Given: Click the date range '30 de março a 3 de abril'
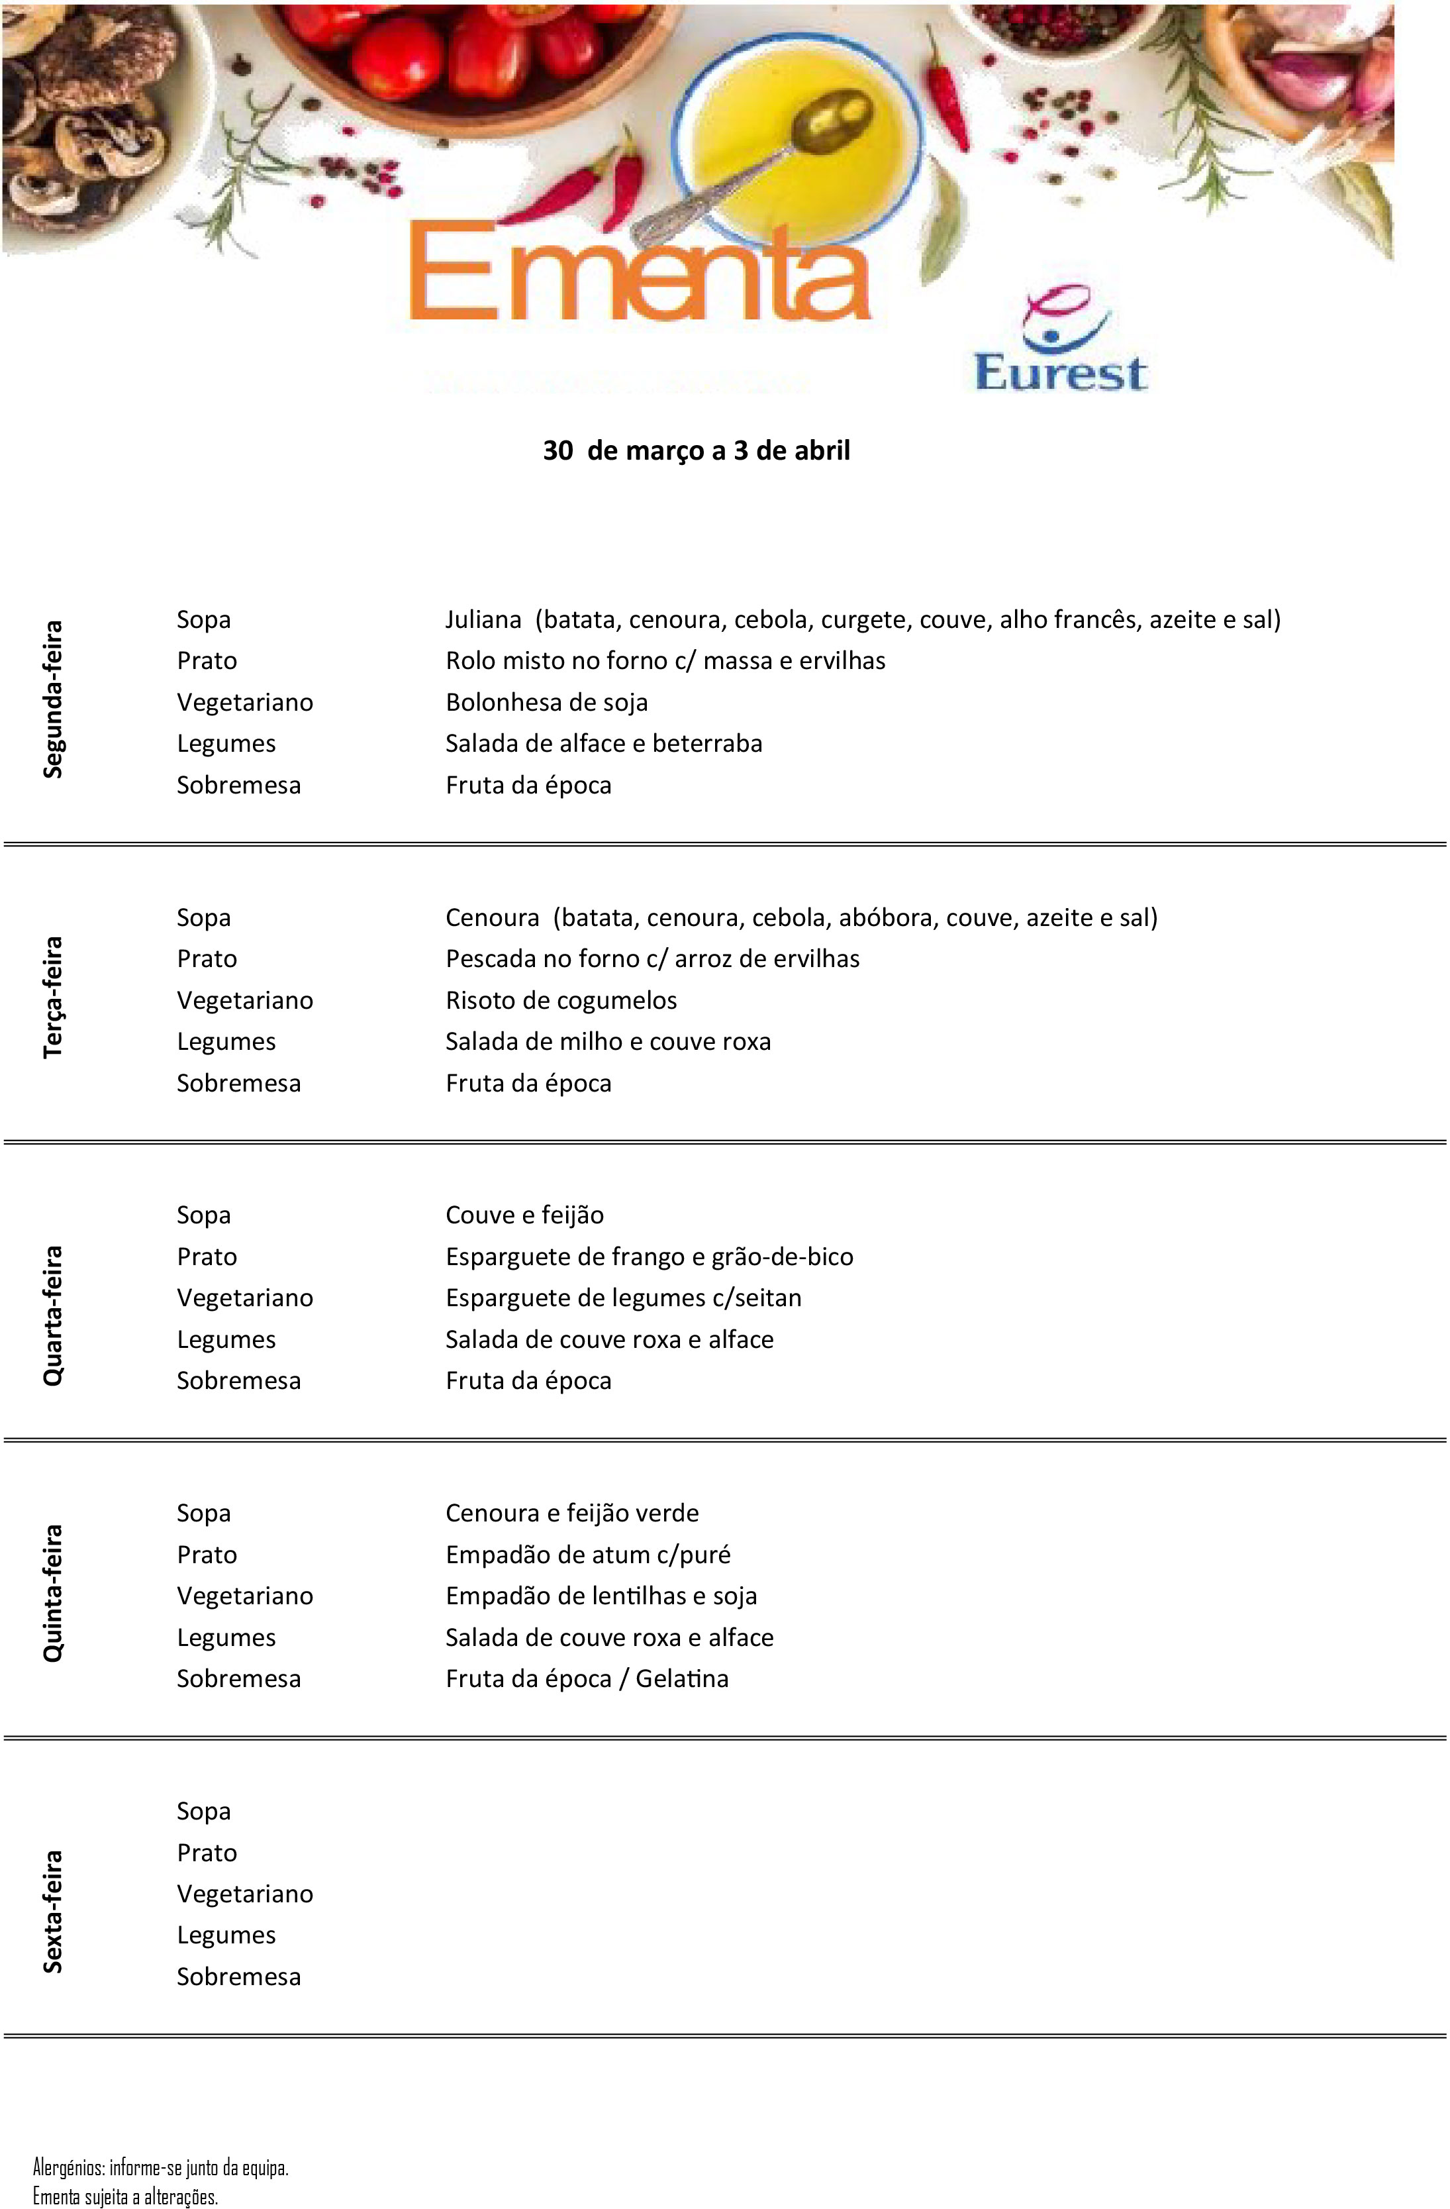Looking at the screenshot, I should pos(696,451).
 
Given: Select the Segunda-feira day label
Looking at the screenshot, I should pos(54,699).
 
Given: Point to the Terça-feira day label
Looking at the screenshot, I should pos(54,997).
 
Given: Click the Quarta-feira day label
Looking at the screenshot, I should pos(54,1315).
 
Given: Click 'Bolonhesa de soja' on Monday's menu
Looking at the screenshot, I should pos(546,703).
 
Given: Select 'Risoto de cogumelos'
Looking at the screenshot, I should pos(561,1001).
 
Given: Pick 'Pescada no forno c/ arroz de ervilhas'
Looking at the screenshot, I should pos(652,959).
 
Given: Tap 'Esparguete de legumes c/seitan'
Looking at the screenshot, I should pos(624,1298).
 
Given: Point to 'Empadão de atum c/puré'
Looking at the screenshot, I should pos(588,1555).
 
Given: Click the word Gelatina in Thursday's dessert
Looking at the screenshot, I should pos(682,1679).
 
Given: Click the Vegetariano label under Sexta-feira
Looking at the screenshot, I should pos(245,1894).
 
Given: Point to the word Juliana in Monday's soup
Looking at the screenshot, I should pos(483,620).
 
